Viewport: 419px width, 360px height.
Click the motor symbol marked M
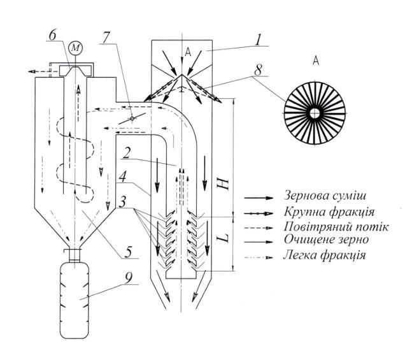(x=75, y=48)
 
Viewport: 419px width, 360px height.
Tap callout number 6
(x=52, y=36)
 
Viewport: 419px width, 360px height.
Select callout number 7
(x=105, y=38)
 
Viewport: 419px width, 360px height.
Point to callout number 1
(x=257, y=40)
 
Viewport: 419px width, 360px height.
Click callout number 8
(x=258, y=70)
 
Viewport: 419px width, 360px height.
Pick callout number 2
(x=127, y=153)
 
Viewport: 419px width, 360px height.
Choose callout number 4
(x=123, y=177)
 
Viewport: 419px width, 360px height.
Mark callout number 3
(x=122, y=202)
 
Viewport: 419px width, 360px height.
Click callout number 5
(x=129, y=252)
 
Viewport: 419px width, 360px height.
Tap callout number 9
(x=129, y=278)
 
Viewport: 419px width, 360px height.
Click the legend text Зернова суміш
(x=325, y=196)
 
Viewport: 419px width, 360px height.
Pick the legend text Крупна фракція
(x=329, y=212)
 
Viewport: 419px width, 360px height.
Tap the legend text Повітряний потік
(x=336, y=227)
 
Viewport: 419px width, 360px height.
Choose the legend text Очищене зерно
(x=326, y=240)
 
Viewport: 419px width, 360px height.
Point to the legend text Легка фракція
(x=324, y=255)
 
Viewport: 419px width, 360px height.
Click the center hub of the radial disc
(x=315, y=113)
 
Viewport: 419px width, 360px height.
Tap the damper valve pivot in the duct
(x=132, y=119)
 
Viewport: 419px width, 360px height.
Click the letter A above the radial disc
(x=316, y=61)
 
